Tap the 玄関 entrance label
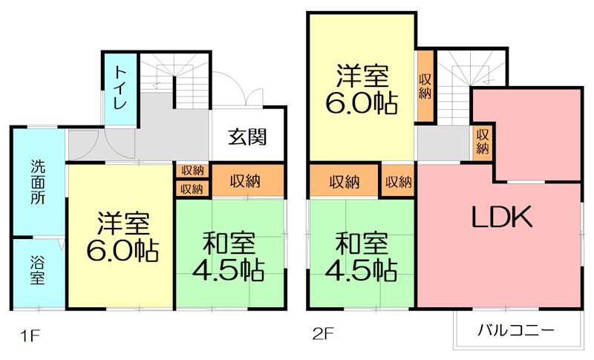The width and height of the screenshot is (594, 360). (247, 137)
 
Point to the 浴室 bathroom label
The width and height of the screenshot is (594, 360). (37, 270)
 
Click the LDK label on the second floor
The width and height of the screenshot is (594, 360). (501, 217)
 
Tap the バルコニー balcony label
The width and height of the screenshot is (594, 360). (516, 329)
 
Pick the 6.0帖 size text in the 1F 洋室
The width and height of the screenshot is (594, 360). (123, 252)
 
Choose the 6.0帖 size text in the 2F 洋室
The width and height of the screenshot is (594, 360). (362, 102)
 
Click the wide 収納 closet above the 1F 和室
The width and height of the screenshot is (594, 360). (248, 180)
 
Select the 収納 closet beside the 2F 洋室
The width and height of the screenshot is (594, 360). (425, 87)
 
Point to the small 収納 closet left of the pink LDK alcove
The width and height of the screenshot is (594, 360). (482, 142)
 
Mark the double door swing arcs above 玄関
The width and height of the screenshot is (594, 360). (243, 93)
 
